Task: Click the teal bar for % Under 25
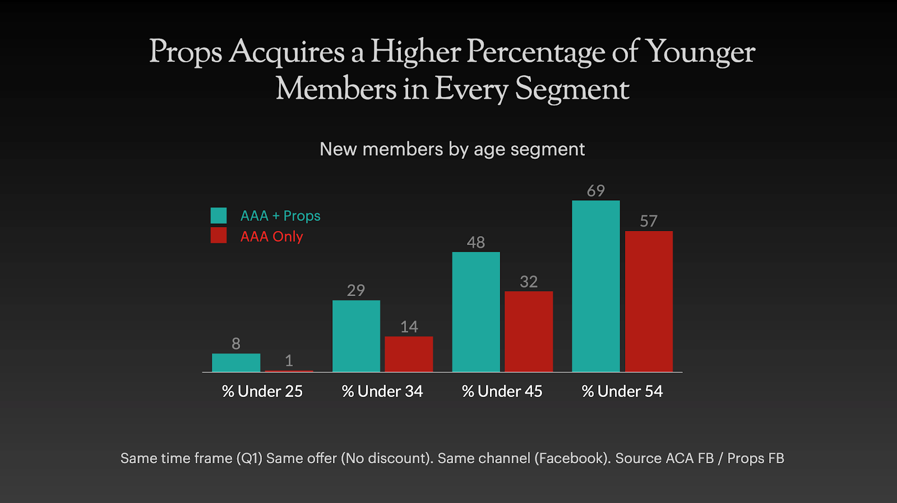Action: pos(236,362)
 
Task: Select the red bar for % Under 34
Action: pos(409,354)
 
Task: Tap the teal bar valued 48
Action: pos(476,312)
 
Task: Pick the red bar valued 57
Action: pos(649,301)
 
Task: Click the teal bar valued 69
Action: pos(596,286)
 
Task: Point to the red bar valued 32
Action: pos(529,331)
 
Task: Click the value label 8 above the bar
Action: pos(236,344)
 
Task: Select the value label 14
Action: pos(409,327)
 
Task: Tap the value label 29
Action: pos(356,290)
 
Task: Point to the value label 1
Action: pos(289,361)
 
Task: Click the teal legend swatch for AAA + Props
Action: pos(219,215)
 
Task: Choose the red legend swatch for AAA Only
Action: pos(219,236)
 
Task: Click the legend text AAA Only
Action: pos(271,237)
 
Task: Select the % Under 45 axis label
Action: pos(502,391)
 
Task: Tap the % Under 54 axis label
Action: pos(622,391)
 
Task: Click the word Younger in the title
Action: pos(700,52)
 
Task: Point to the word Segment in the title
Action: pos(572,89)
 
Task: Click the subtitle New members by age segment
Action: pos(452,149)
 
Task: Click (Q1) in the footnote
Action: pos(249,458)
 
